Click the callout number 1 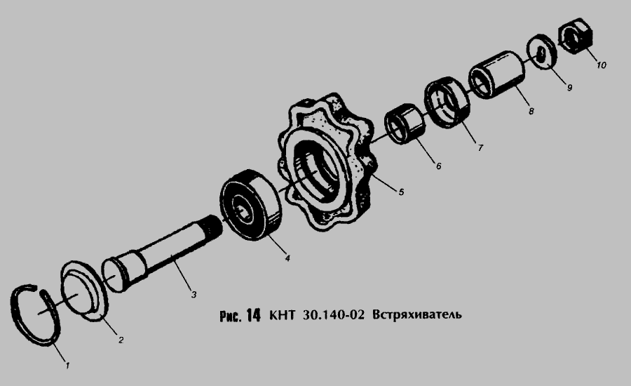point(67,366)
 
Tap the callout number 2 point(121,340)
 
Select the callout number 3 point(194,295)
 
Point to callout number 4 point(287,258)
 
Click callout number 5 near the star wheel point(401,192)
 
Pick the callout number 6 point(439,166)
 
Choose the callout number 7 point(480,148)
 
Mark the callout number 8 point(531,111)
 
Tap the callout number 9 point(569,87)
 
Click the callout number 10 point(602,65)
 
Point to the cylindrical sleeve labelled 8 point(497,74)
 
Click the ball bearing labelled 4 point(250,205)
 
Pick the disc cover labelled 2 point(83,290)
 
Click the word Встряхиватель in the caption point(417,314)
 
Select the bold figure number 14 point(254,314)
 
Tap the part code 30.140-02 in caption point(333,314)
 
